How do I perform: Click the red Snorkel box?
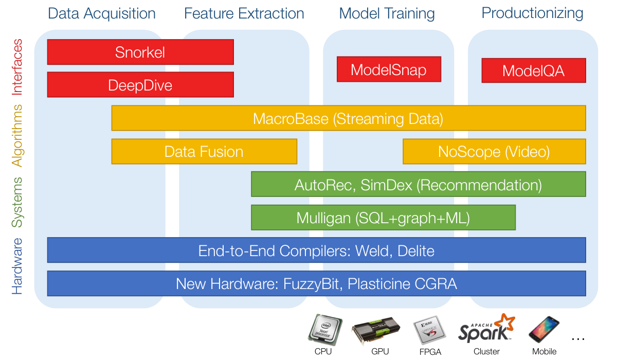(140, 52)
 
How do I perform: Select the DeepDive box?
(140, 84)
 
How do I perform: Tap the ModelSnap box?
(389, 69)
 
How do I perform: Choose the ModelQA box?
(534, 70)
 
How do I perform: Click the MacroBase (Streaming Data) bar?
(349, 118)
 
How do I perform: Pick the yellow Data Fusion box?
(205, 152)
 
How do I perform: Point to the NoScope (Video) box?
(495, 152)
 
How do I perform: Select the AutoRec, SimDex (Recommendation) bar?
(419, 184)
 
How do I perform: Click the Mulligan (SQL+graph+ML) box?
(384, 218)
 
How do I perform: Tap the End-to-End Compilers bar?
(317, 250)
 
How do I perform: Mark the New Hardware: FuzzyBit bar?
(317, 283)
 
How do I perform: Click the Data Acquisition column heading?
(102, 14)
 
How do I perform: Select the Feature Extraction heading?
(244, 13)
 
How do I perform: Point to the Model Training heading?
(387, 14)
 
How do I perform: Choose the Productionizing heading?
(533, 13)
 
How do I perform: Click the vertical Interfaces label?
(17, 67)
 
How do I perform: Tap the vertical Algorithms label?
(17, 136)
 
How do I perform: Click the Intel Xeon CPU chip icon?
(325, 330)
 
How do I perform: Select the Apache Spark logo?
(486, 328)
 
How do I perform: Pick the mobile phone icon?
(544, 330)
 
